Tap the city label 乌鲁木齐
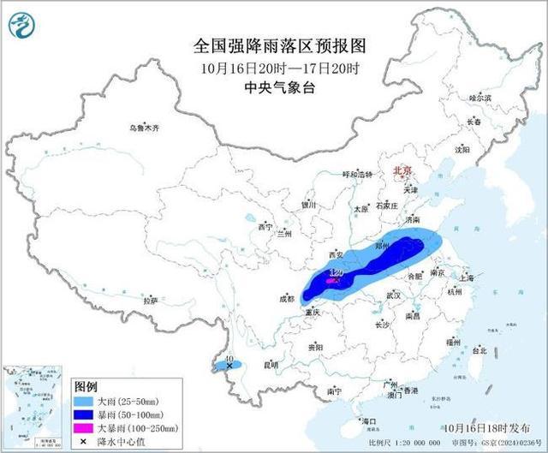[139, 128]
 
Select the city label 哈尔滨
[480, 98]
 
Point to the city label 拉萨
[151, 301]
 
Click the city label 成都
[286, 299]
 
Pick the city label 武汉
[393, 295]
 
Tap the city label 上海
[467, 278]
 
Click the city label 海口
[369, 421]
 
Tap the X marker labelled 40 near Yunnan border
[229, 366]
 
